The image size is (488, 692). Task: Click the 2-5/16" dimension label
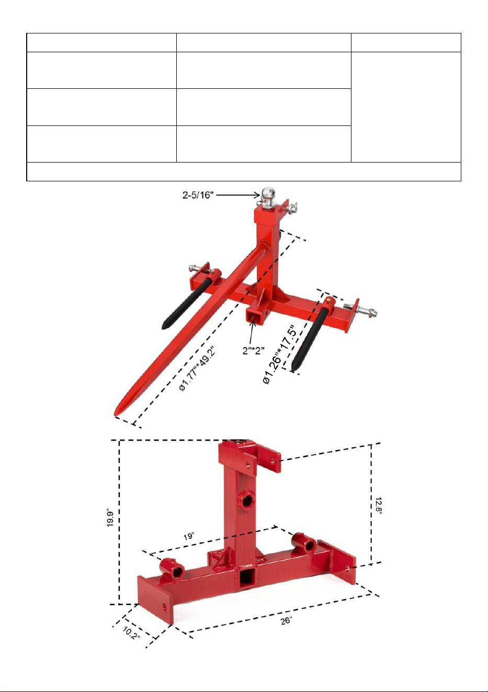[x=198, y=195]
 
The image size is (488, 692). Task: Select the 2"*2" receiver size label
[x=254, y=350]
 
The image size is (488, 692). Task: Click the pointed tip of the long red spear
[x=116, y=414]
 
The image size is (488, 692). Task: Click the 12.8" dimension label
[x=379, y=505]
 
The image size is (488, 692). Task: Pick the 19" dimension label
[x=189, y=536]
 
